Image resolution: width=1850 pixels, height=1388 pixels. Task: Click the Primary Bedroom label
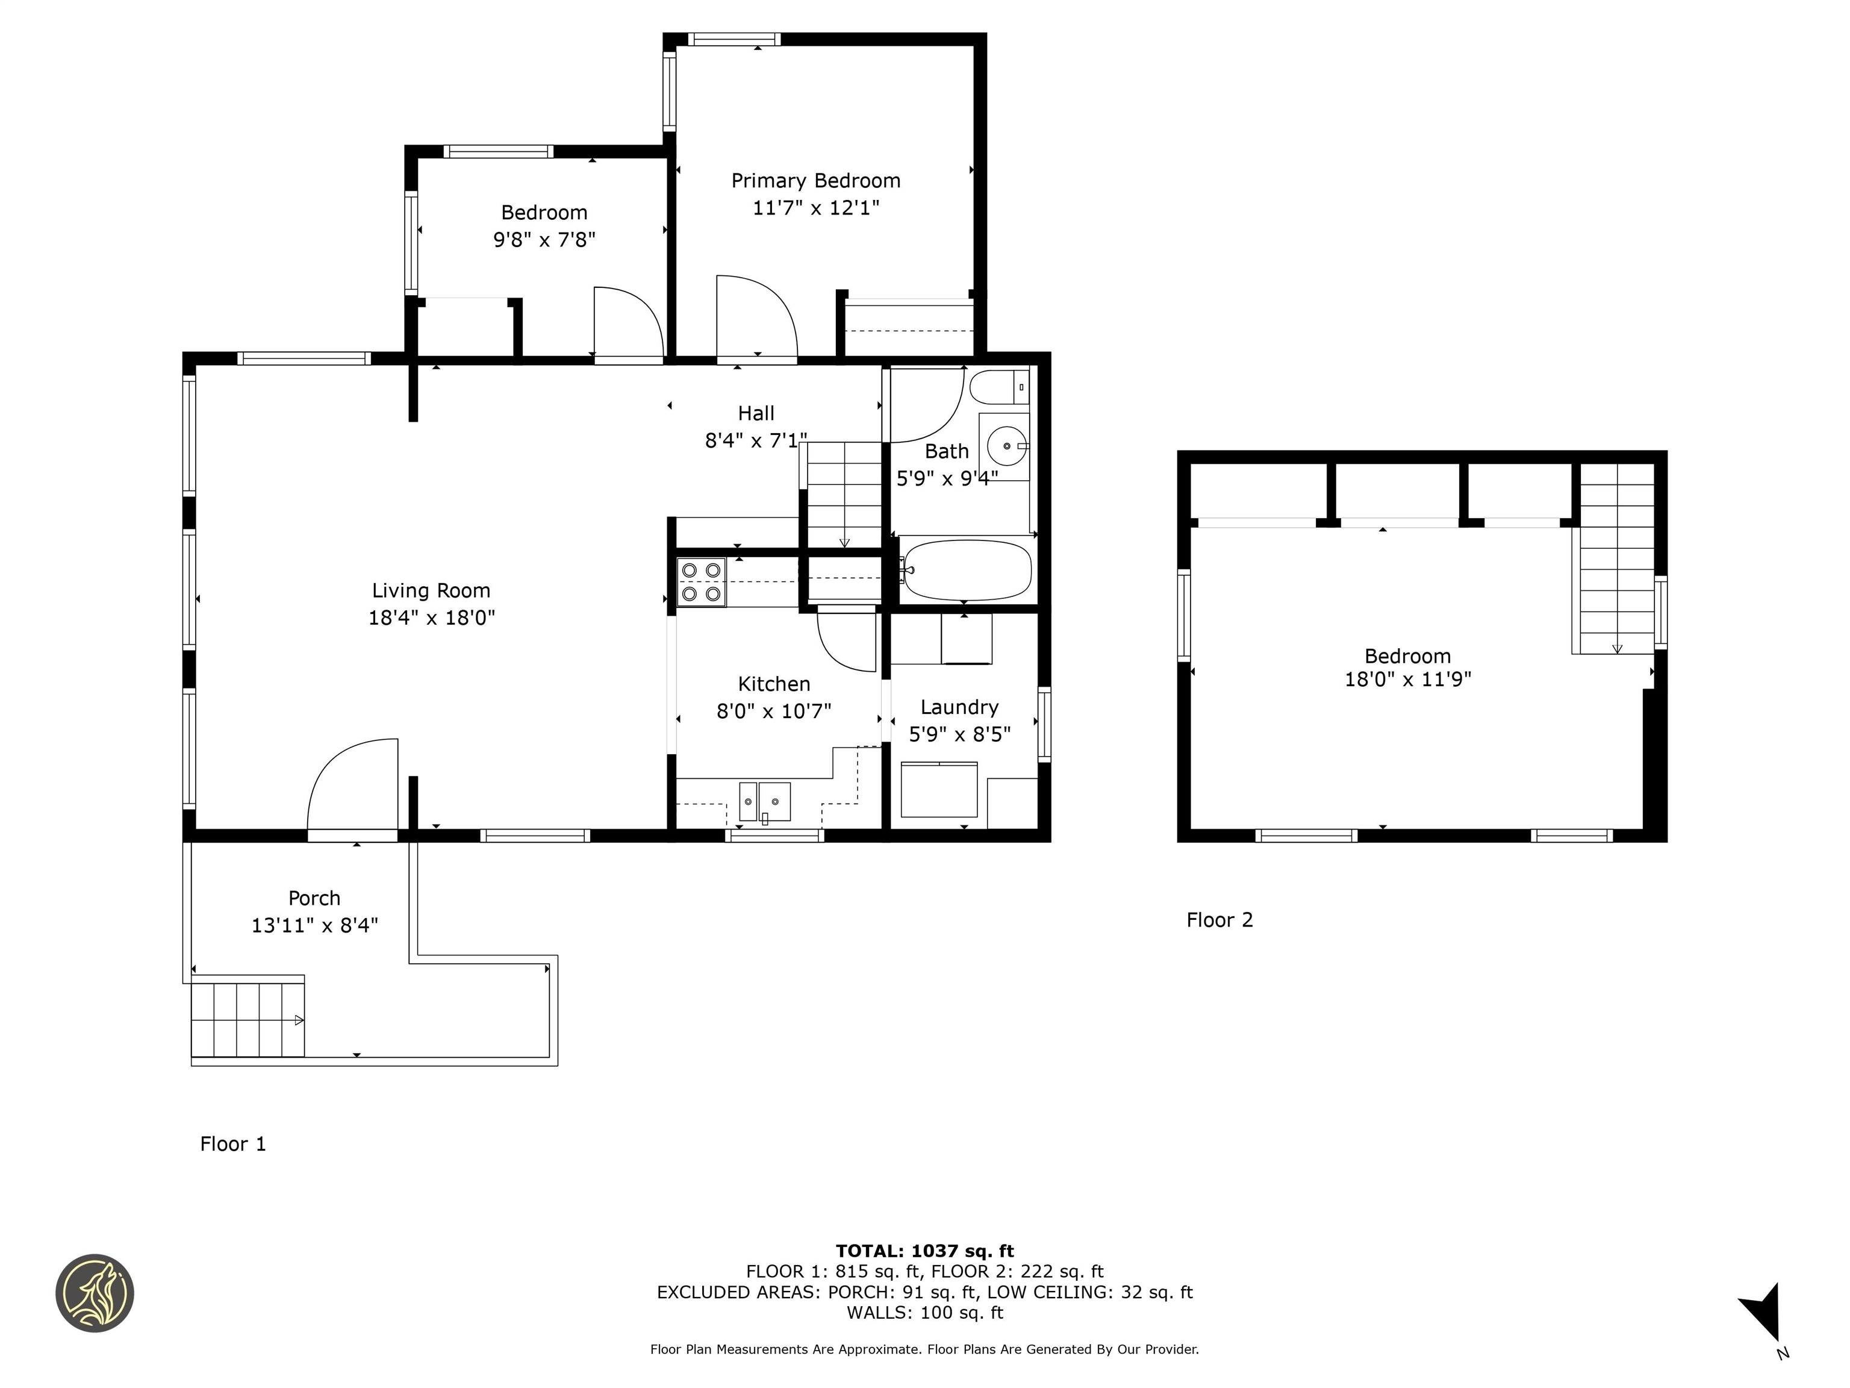coord(815,181)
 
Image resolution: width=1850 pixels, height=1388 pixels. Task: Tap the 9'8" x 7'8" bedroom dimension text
coord(544,240)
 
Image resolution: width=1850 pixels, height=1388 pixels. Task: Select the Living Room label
coord(431,590)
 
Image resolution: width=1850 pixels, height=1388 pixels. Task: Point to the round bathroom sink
coord(1005,446)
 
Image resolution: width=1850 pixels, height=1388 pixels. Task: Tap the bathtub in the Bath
coord(966,570)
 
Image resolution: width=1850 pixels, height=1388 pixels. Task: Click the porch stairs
coord(248,1020)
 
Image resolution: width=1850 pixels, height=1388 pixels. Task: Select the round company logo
coord(95,1293)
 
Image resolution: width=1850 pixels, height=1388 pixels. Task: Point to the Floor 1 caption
coord(232,1143)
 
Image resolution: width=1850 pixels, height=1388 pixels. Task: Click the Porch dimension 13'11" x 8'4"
coord(314,925)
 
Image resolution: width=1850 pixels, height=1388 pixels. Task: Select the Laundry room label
coord(959,708)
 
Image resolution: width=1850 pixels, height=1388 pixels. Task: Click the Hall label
coord(755,413)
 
